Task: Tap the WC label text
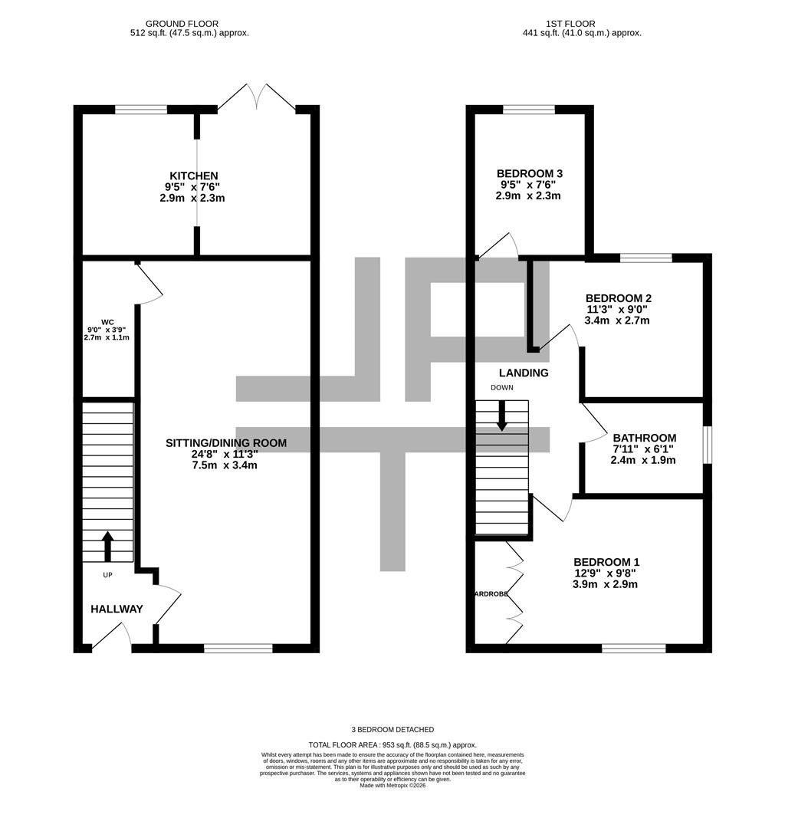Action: [107, 322]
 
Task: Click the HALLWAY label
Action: [117, 609]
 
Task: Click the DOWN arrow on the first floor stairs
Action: [501, 415]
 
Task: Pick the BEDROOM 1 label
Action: [606, 561]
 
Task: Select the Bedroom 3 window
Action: [529, 110]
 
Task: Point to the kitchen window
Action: [141, 110]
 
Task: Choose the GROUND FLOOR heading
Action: [182, 24]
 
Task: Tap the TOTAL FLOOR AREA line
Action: [392, 744]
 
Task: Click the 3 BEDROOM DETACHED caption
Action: [392, 730]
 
